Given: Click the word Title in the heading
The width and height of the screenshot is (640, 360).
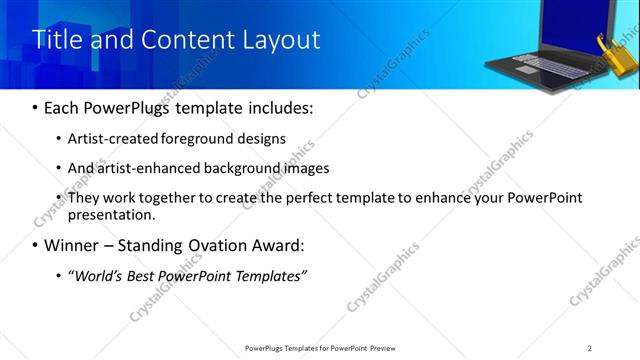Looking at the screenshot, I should click(x=57, y=40).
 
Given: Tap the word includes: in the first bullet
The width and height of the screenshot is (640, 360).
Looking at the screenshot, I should click(x=277, y=108).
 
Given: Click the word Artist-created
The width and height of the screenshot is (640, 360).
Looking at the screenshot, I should click(x=112, y=138).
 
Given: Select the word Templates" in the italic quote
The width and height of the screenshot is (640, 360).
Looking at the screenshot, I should click(x=269, y=275).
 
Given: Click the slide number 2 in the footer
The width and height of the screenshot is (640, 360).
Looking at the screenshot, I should click(x=590, y=347).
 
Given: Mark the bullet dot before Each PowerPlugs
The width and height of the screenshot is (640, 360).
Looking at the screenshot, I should click(x=36, y=108).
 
